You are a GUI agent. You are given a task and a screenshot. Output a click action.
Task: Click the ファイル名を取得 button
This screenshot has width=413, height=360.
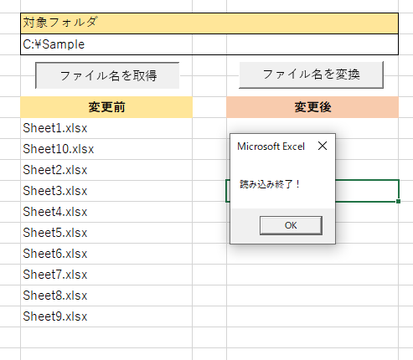point(107,75)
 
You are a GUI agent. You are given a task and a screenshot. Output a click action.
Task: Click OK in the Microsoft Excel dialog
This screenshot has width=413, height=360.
point(291,225)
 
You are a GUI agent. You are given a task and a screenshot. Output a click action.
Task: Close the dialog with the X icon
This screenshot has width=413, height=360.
point(323,146)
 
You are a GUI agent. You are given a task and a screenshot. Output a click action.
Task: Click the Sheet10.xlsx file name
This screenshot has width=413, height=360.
point(59,149)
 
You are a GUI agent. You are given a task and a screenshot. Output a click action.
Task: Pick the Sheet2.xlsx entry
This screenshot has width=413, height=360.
point(55,170)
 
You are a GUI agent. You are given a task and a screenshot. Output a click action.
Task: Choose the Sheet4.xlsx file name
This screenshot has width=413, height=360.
point(55,212)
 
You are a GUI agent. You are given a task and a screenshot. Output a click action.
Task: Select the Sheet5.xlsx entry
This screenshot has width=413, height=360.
point(55,233)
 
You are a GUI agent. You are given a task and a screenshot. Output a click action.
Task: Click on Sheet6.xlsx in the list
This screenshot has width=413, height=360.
point(55,254)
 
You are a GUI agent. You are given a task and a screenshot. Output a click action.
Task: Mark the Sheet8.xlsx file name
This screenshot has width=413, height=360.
point(55,296)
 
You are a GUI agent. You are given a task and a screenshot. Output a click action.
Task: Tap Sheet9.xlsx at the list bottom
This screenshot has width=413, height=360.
point(55,316)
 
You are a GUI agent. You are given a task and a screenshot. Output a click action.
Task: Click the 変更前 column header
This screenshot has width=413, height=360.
point(106,107)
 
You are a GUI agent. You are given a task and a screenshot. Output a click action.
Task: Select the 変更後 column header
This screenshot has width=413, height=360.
point(312,107)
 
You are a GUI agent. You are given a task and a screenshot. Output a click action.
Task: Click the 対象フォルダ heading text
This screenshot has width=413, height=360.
point(60,23)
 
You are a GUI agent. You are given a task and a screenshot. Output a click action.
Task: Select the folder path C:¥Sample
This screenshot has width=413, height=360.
point(54,44)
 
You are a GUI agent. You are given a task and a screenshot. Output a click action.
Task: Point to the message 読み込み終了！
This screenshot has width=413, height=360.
point(270,184)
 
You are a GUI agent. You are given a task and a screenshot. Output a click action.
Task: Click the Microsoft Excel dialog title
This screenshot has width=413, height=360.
point(271,147)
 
